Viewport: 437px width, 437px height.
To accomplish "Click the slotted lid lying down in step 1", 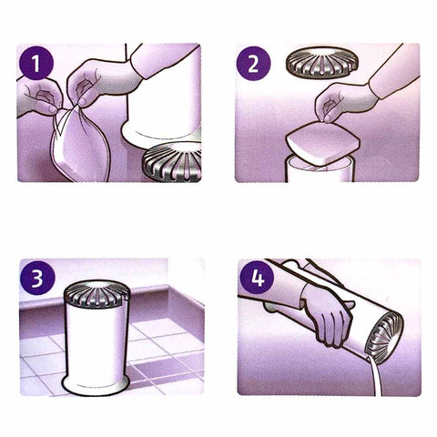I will (173, 162).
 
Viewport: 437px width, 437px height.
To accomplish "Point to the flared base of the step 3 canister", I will (101, 383).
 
